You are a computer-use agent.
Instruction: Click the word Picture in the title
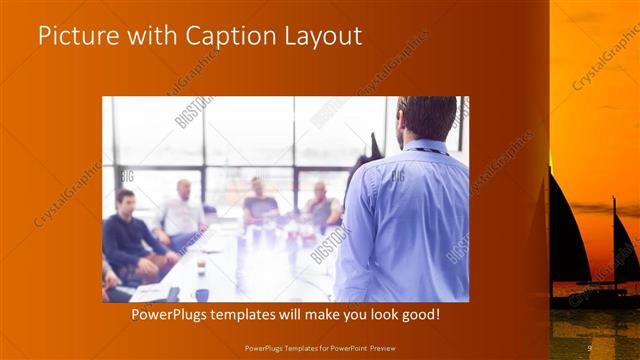(x=74, y=37)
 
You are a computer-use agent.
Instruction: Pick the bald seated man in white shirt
(x=182, y=212)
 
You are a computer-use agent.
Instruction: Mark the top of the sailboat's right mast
(x=613, y=200)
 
